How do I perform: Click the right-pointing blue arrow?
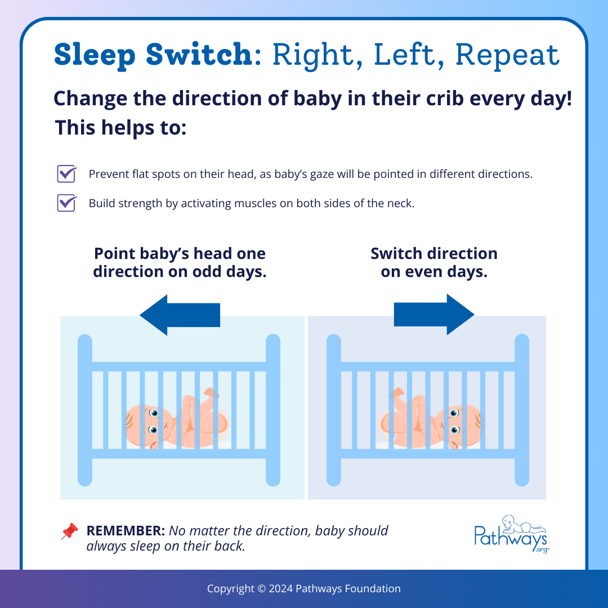434,315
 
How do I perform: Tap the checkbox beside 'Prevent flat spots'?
66,174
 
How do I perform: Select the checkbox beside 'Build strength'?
66,203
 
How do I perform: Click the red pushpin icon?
69,531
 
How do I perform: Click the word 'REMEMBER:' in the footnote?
126,531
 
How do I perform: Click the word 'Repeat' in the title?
507,55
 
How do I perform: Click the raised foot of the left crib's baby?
211,392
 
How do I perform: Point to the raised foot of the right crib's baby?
397,392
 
